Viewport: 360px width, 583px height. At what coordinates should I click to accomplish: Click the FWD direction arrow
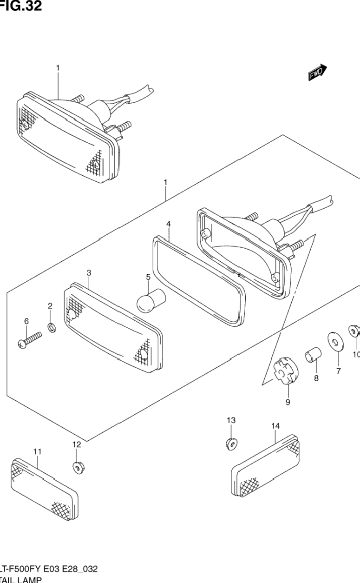click(x=317, y=73)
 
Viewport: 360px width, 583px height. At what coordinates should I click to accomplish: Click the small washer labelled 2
click(x=52, y=328)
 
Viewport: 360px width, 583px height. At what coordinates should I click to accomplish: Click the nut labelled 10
click(x=353, y=331)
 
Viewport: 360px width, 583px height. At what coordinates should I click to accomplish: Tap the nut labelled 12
click(x=78, y=466)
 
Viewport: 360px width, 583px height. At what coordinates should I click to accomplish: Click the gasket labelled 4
click(x=200, y=279)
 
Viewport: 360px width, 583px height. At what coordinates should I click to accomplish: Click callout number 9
click(x=288, y=403)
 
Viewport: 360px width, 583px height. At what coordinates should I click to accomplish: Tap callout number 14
click(x=275, y=426)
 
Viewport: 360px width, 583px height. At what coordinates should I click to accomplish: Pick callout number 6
click(x=26, y=321)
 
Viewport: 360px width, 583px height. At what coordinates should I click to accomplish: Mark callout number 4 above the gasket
click(x=169, y=224)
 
